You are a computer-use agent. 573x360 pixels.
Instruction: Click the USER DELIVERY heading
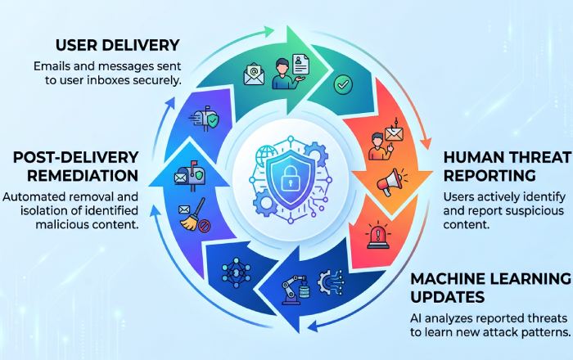(x=118, y=45)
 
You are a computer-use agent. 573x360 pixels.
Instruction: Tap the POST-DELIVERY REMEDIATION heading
(x=75, y=166)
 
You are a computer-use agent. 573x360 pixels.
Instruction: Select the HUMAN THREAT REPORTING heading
(x=508, y=166)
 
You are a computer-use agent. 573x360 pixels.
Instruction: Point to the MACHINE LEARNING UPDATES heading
(x=491, y=288)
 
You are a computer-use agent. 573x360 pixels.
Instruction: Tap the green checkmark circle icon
(x=343, y=85)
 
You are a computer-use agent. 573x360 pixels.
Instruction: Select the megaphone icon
(x=390, y=182)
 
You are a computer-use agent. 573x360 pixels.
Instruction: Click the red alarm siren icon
(x=378, y=236)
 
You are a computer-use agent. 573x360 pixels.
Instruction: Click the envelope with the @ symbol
(x=254, y=74)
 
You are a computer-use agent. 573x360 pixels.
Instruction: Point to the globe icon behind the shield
(x=267, y=156)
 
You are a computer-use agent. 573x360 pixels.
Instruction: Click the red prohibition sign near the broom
(x=204, y=227)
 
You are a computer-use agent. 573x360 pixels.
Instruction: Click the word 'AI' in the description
(x=416, y=318)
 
